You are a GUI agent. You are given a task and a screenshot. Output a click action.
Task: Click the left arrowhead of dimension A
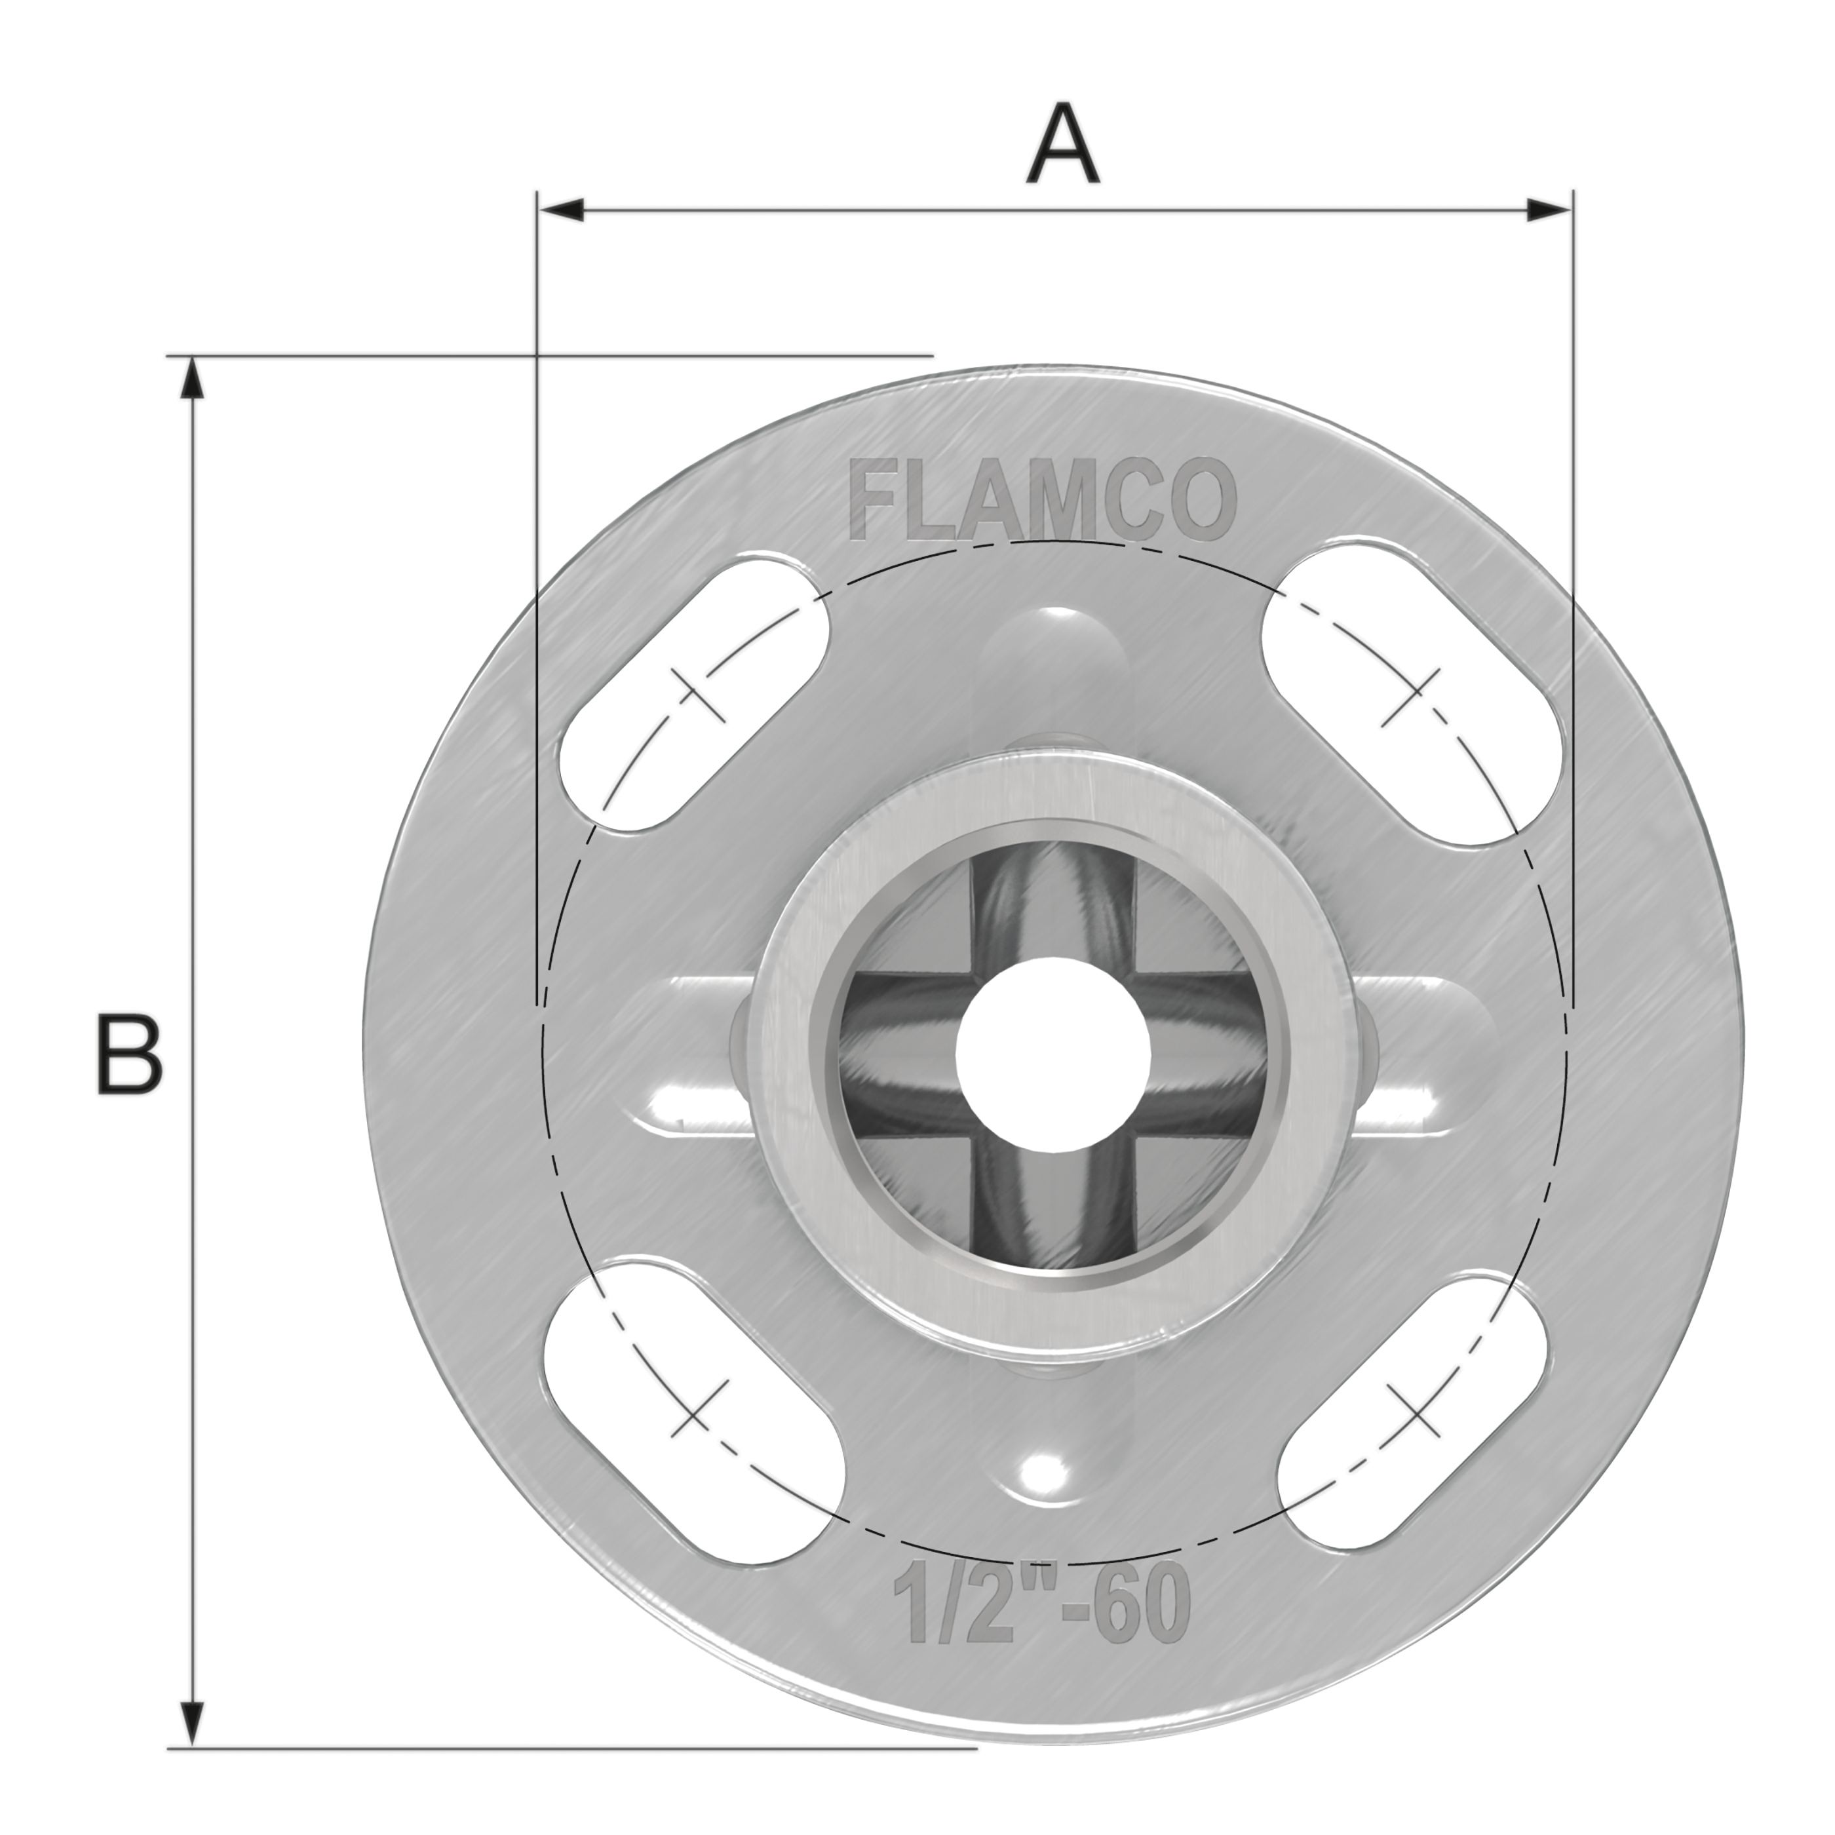(x=560, y=210)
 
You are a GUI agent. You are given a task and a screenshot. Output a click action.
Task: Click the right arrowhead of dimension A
(x=1547, y=210)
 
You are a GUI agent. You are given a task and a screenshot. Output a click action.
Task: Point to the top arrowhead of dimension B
(x=192, y=380)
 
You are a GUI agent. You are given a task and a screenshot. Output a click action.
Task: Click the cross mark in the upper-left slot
(x=698, y=694)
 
